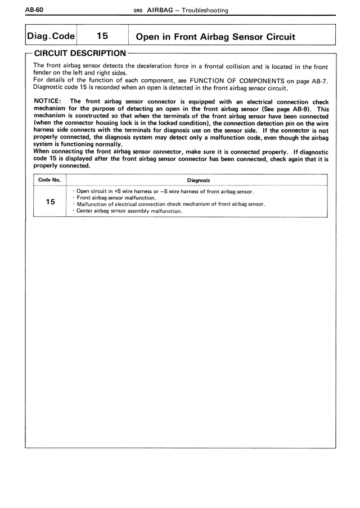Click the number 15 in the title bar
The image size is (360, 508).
[102, 35]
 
